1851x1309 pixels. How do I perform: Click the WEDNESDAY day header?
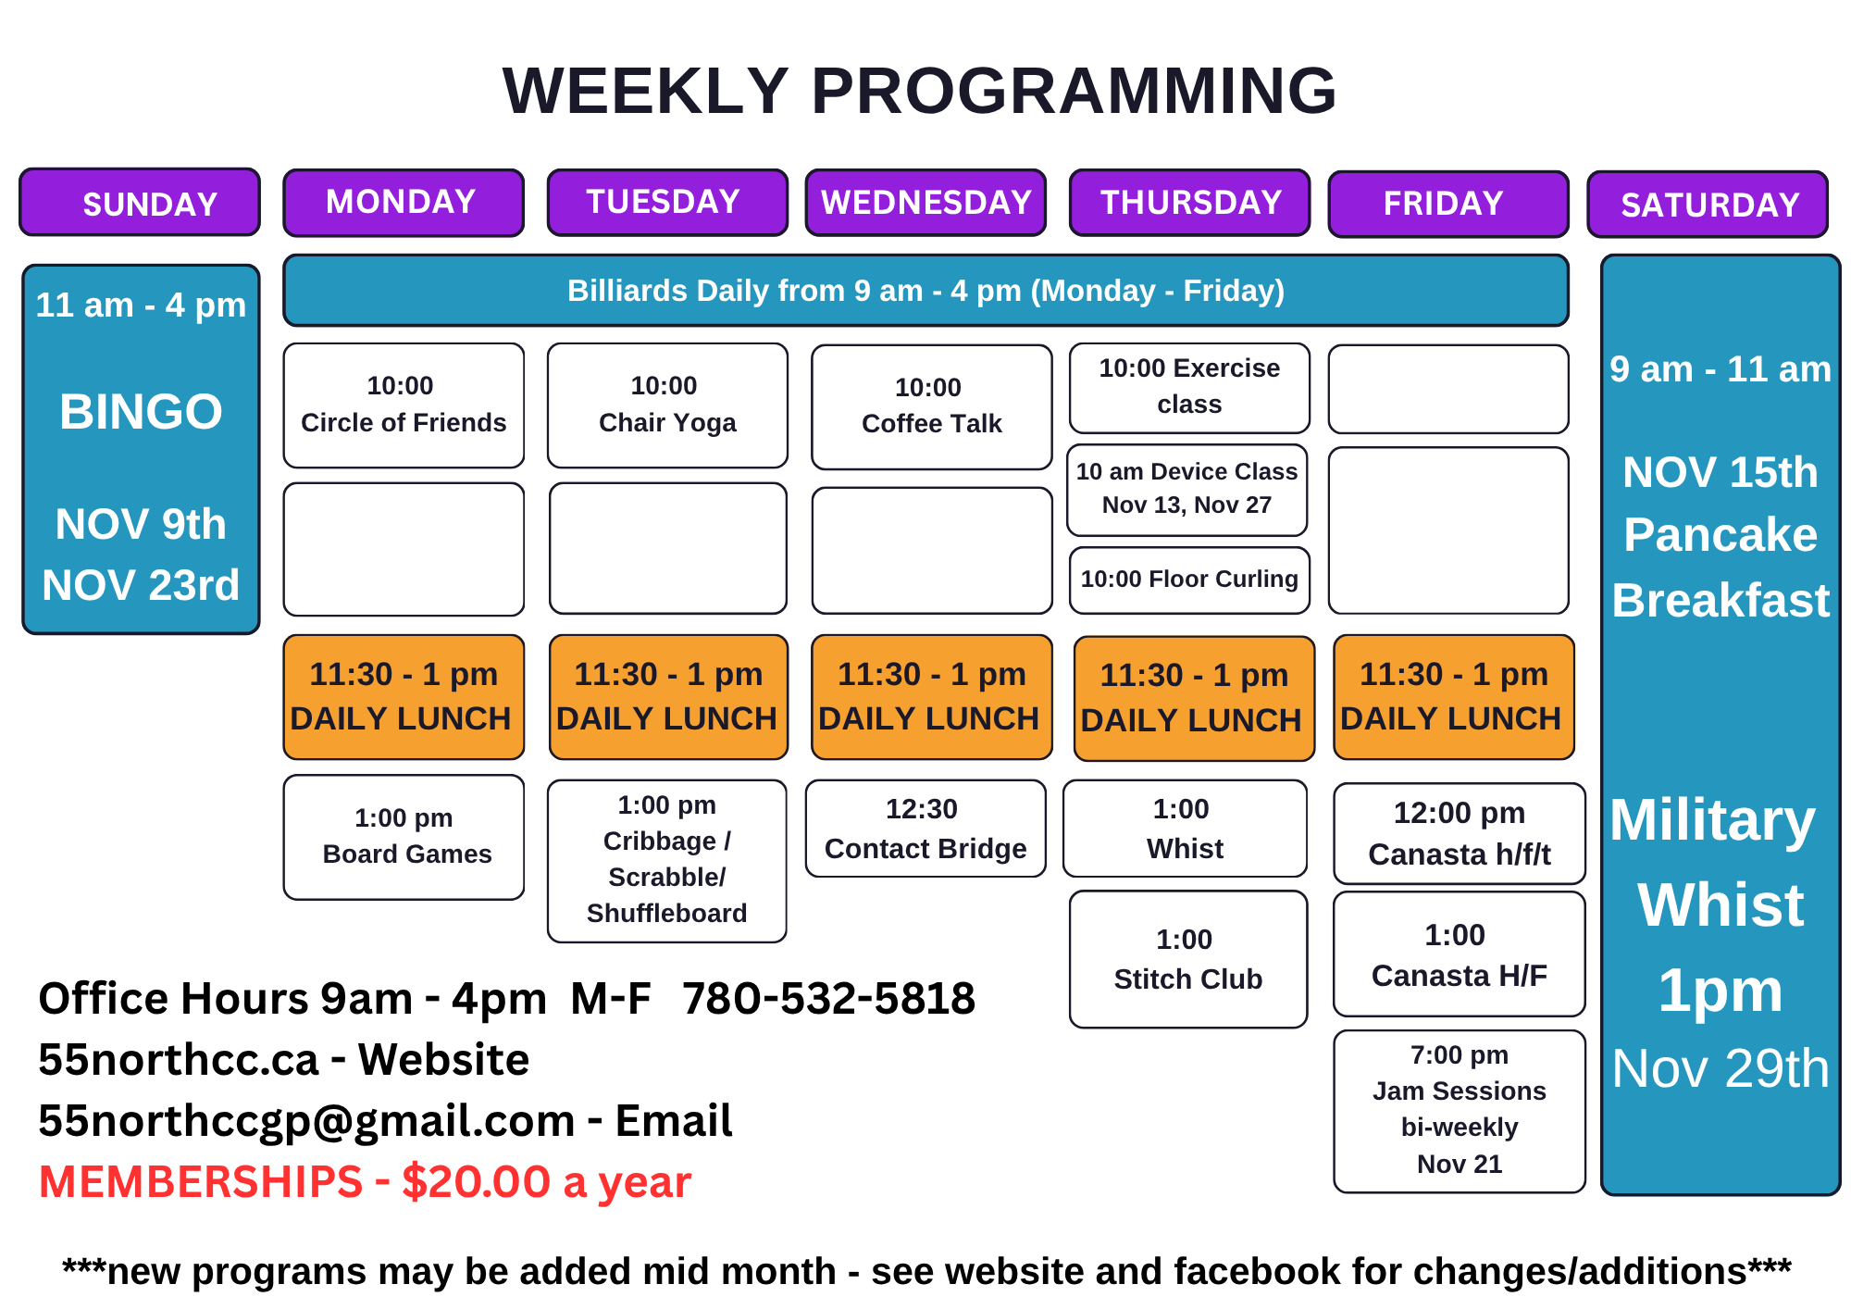[x=925, y=203]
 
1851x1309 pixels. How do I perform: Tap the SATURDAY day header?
[x=1708, y=205]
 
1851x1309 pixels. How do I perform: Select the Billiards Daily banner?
[x=925, y=291]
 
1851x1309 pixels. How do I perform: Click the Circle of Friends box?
[x=404, y=405]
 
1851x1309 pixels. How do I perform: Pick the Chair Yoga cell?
[x=667, y=405]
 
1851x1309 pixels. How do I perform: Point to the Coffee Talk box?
[x=931, y=407]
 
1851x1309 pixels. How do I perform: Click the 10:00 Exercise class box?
[x=1189, y=388]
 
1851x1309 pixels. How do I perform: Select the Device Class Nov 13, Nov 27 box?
[x=1187, y=490]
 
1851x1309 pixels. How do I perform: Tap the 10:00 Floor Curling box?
[x=1189, y=580]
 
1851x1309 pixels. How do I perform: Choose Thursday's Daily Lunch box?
[x=1194, y=698]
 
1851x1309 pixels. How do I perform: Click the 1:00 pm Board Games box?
[x=404, y=837]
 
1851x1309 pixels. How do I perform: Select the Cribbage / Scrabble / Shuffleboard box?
[x=667, y=861]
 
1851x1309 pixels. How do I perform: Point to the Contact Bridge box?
[x=925, y=829]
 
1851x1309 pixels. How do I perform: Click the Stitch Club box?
[x=1188, y=959]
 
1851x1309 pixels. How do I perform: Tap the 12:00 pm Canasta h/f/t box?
[x=1460, y=832]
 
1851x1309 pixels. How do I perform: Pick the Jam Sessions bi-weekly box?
[x=1460, y=1111]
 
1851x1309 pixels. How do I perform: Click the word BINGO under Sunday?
[x=141, y=411]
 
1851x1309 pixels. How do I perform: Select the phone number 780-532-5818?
[x=828, y=998]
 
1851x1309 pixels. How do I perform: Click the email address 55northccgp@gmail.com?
[x=306, y=1122]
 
